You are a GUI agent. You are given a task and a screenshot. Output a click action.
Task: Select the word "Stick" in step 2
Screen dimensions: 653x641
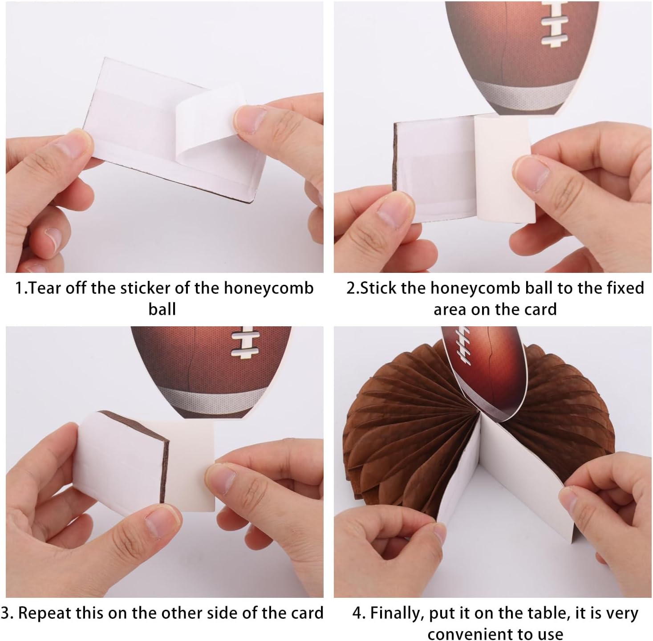378,288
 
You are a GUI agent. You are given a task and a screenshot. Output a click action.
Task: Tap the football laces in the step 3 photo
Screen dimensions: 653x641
245,342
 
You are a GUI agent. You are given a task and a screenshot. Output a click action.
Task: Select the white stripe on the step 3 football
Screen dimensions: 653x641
213,395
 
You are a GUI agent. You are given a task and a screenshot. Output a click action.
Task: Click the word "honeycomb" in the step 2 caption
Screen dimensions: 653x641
476,288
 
